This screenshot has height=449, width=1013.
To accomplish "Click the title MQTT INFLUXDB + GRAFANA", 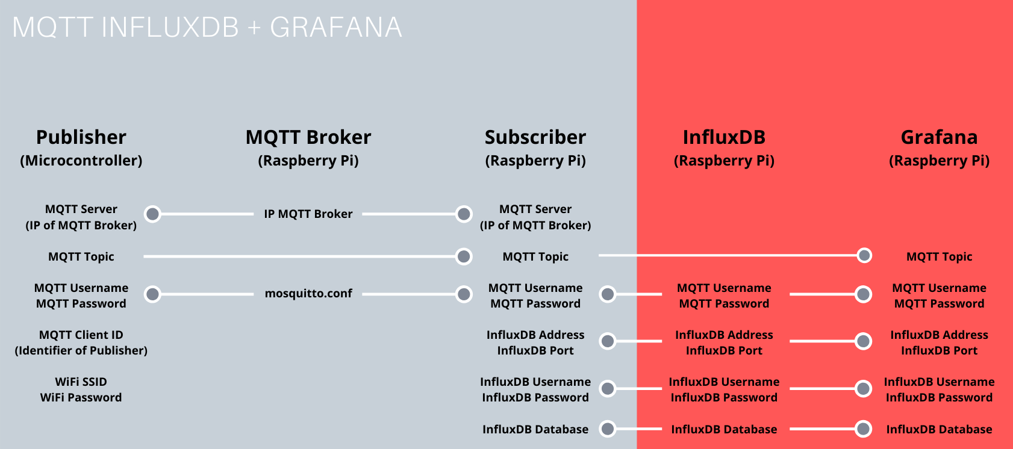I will pyautogui.click(x=207, y=28).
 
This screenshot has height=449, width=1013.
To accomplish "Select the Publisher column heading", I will pyautogui.click(x=81, y=137).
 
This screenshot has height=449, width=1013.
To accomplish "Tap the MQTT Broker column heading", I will pyautogui.click(x=308, y=137).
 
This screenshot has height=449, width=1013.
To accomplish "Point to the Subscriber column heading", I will pyautogui.click(x=535, y=137).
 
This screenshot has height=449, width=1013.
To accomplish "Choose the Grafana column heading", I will pyautogui.click(x=939, y=137).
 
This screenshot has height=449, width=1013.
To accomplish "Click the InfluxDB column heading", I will pyautogui.click(x=724, y=137).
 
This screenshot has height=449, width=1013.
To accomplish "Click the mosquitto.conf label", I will pyautogui.click(x=308, y=294).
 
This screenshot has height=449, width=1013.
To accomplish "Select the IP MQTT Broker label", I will pyautogui.click(x=308, y=214).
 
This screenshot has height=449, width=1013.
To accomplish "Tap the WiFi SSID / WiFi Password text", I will pyautogui.click(x=81, y=389).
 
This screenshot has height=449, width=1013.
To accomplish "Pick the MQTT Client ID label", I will pyautogui.click(x=81, y=335).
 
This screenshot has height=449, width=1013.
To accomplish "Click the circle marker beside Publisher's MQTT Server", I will pyautogui.click(x=153, y=214).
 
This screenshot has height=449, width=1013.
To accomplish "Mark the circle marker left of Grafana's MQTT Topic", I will pyautogui.click(x=864, y=255).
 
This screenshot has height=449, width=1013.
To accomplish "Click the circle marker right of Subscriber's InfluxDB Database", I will pyautogui.click(x=608, y=429).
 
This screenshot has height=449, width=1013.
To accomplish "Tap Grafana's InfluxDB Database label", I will pyautogui.click(x=939, y=430).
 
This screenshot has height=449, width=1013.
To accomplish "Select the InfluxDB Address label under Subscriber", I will pyautogui.click(x=535, y=335).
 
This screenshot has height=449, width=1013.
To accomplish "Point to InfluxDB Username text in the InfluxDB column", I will pyautogui.click(x=724, y=382).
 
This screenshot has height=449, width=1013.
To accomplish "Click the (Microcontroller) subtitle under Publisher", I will pyautogui.click(x=81, y=161).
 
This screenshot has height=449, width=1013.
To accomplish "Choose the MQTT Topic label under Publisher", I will pyautogui.click(x=81, y=257).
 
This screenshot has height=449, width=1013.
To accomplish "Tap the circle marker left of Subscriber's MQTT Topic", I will pyautogui.click(x=464, y=256).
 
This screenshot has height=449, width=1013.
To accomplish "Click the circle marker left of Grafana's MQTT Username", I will pyautogui.click(x=864, y=294).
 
